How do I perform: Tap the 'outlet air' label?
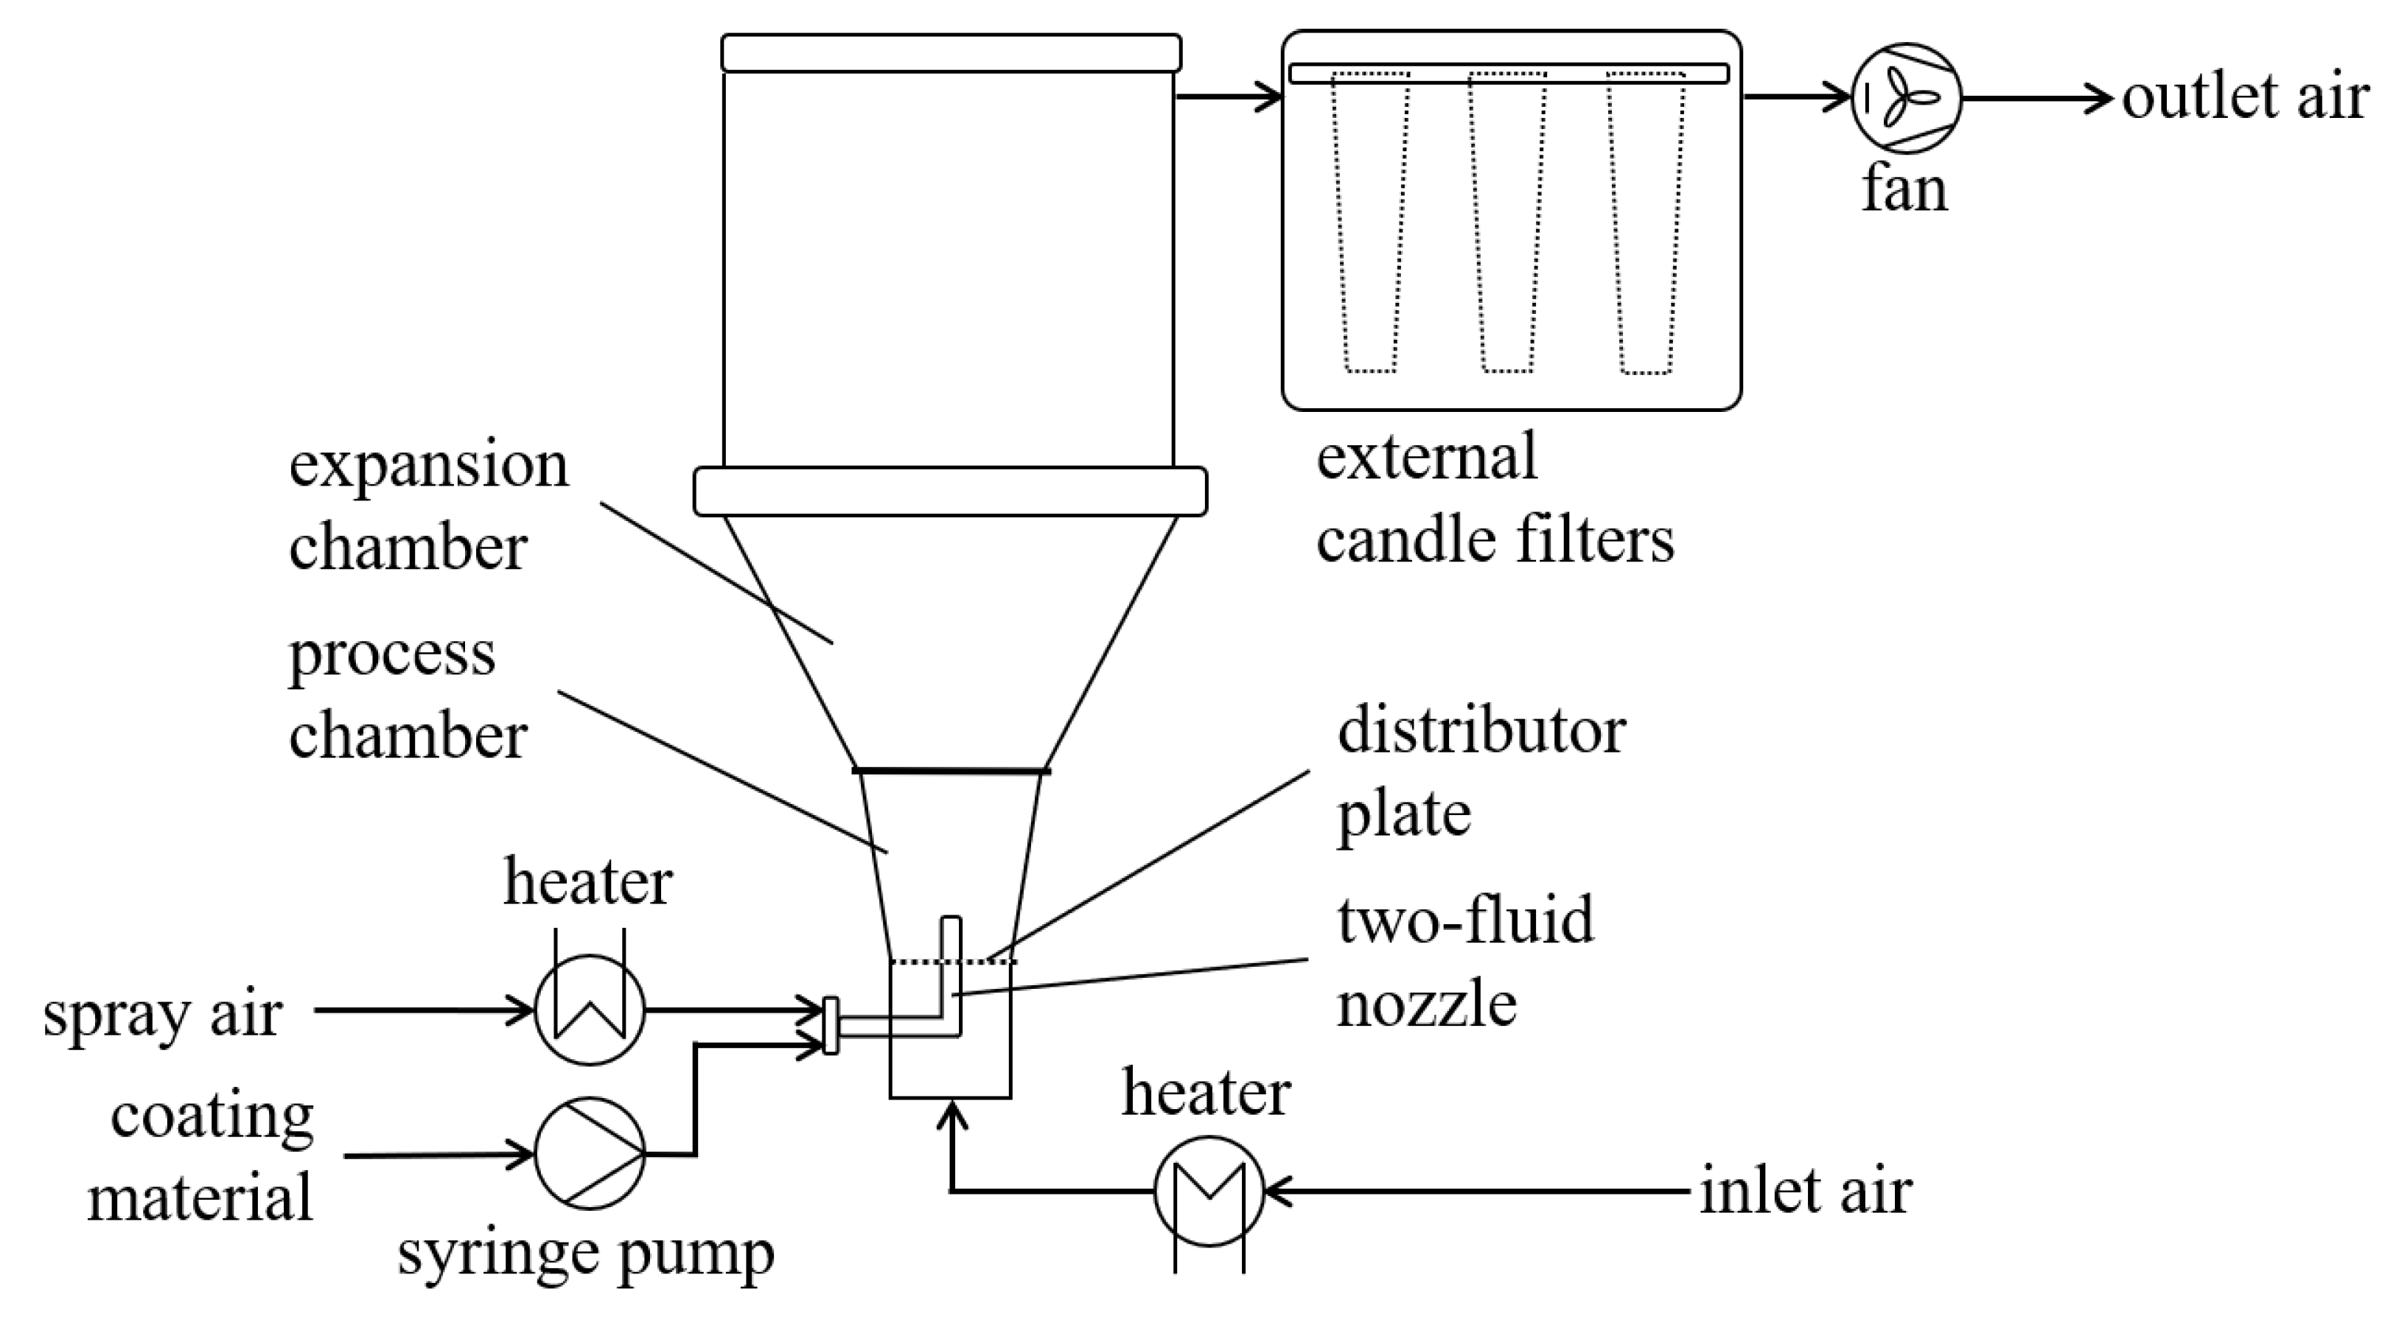point(2244,97)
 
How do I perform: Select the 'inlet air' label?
point(1805,1191)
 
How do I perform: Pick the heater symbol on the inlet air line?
point(1208,1191)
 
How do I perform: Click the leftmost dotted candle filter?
point(1370,223)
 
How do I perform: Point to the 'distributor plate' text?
point(1481,771)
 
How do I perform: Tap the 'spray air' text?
point(162,1014)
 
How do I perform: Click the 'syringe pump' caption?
point(586,1254)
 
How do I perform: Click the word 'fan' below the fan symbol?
point(1904,191)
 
